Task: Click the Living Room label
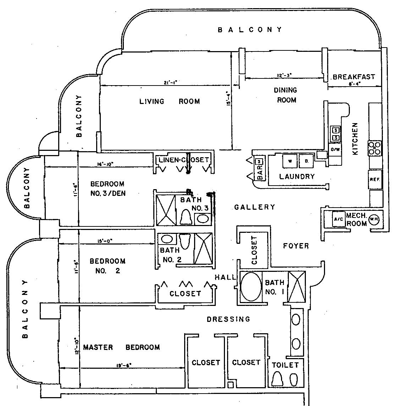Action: tap(169, 101)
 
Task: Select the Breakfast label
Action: tap(353, 77)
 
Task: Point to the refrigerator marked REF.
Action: tap(374, 180)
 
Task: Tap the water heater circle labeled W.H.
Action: tap(374, 219)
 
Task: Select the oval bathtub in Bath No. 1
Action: tap(251, 287)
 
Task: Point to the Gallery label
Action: tap(254, 207)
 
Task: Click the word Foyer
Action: tap(296, 246)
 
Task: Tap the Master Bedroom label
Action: tap(121, 347)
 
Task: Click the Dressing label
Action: tap(228, 319)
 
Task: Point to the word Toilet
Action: tap(285, 365)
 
